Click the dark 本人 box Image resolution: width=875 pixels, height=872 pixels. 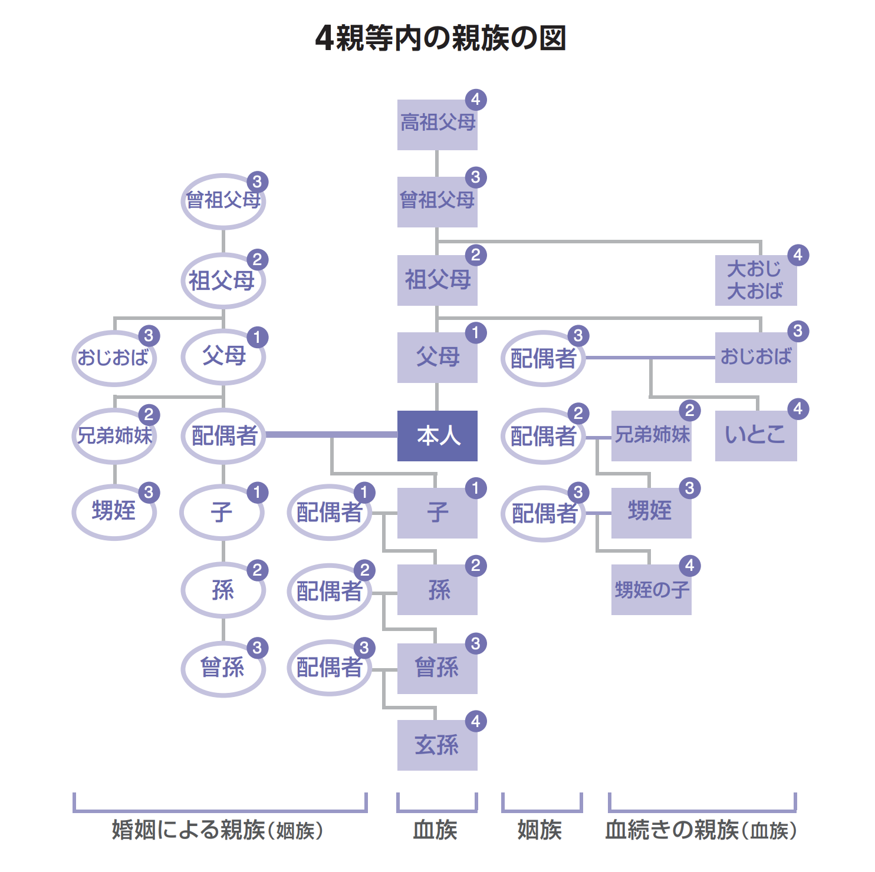(437, 435)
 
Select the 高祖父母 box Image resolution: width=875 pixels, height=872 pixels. (437, 124)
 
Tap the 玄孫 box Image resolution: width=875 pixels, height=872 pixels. (437, 745)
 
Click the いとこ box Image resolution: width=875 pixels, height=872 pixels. (755, 435)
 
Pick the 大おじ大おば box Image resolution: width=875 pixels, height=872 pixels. (755, 280)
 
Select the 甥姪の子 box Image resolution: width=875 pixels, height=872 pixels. (651, 590)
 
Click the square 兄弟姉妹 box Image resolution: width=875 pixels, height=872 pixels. (651, 435)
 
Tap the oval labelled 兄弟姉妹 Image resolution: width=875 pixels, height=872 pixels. (114, 436)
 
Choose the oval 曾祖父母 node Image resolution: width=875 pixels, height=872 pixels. (223, 202)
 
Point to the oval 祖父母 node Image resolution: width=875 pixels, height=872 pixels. (223, 280)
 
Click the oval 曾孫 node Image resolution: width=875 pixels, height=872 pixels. (223, 669)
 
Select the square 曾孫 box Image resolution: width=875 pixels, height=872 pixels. (437, 668)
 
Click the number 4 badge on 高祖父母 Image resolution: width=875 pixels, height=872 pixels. (476, 100)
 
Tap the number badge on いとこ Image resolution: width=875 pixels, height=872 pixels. (798, 408)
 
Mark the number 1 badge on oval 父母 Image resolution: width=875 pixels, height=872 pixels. (257, 337)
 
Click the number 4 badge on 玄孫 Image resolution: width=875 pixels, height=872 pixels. (476, 721)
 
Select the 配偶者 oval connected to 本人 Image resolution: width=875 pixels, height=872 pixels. (223, 436)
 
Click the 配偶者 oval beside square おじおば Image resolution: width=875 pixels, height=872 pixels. (542, 358)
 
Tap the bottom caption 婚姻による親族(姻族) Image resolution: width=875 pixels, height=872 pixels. (218, 830)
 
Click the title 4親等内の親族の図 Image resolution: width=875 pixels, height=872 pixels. (440, 38)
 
